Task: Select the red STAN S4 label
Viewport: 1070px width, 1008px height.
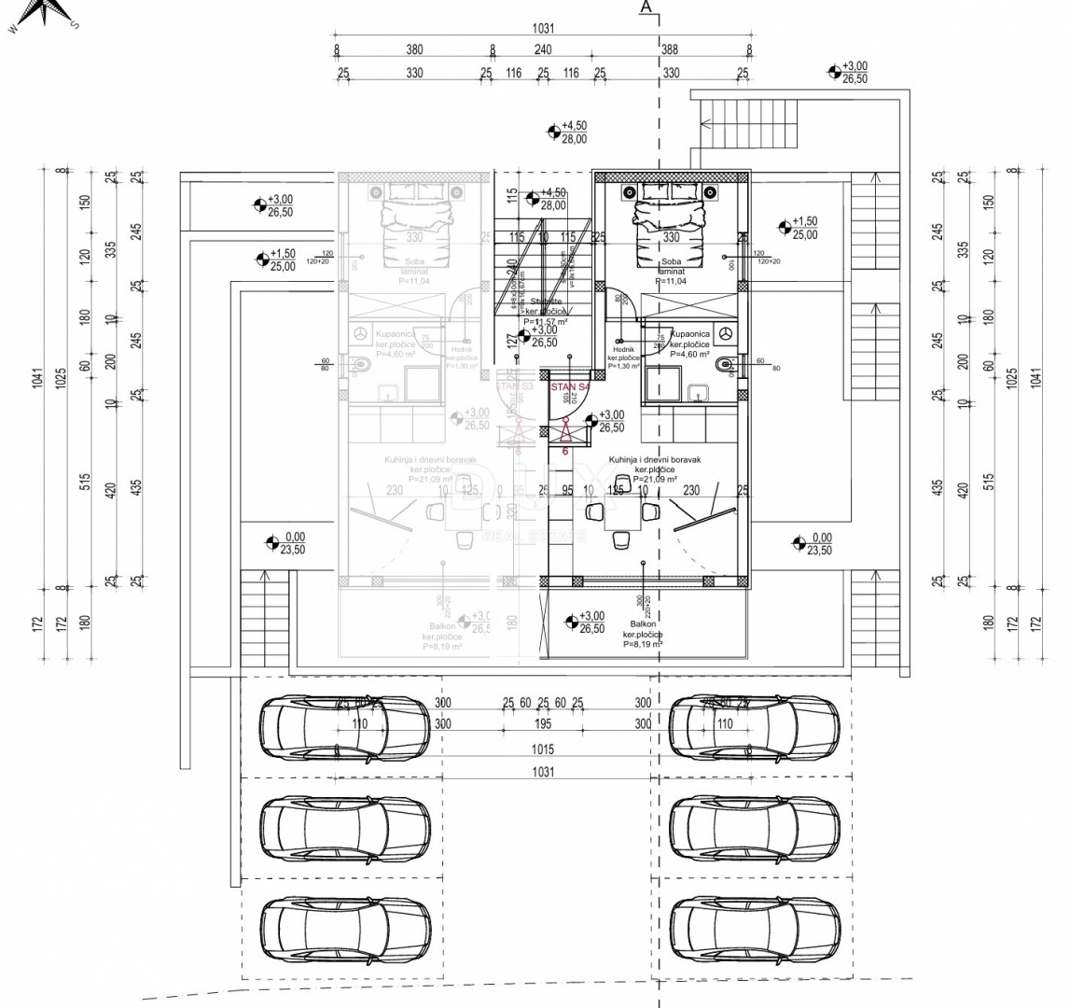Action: (570, 386)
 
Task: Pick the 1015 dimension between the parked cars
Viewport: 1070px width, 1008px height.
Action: (543, 749)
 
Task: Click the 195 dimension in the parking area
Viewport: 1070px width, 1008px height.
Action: (543, 724)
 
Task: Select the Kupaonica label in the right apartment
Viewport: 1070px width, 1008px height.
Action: (690, 333)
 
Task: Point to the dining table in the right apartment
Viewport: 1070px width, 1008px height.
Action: (620, 511)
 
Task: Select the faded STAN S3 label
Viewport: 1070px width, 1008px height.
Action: (514, 385)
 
